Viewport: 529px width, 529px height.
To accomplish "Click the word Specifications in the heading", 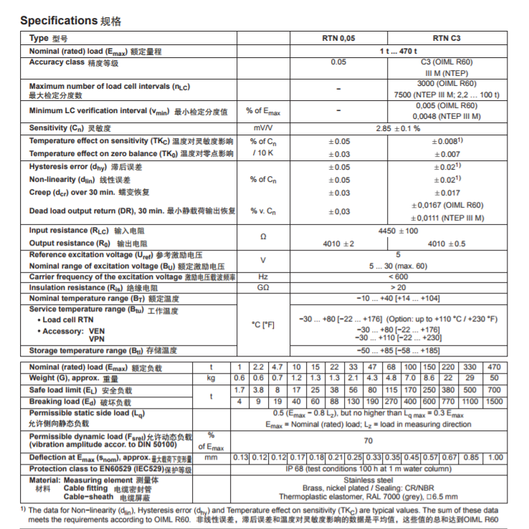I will [59, 21].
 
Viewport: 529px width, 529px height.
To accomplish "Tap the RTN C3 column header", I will [447, 39].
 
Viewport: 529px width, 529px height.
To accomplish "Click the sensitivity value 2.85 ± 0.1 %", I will [398, 128].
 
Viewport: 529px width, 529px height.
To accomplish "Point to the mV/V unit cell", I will [263, 128].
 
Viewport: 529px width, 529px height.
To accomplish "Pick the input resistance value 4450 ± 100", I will [398, 231].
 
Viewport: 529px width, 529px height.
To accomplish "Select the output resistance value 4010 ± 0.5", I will [447, 244].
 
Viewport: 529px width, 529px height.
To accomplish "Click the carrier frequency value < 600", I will [398, 277].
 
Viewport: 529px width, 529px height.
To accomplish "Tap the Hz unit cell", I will [263, 277].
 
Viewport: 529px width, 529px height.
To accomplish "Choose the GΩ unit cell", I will [263, 288].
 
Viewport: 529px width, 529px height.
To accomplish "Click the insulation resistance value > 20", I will [398, 288].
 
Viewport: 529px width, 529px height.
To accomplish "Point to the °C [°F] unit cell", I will [263, 324].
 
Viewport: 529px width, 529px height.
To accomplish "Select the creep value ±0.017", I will [447, 193].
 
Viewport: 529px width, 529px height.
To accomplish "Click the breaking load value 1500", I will [494, 402].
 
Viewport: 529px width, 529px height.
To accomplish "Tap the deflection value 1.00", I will [494, 457].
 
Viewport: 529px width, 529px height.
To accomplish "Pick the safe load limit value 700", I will [494, 390].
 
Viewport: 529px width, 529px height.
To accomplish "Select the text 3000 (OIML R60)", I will [447, 83].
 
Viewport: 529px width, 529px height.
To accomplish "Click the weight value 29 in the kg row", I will [470, 378].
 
